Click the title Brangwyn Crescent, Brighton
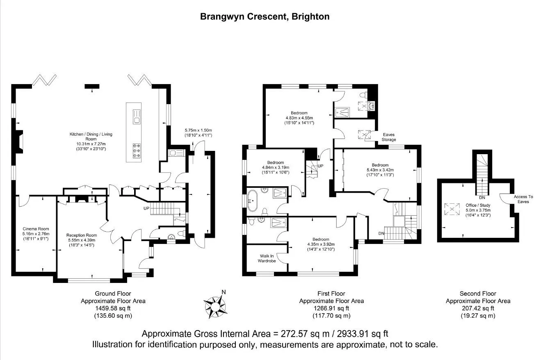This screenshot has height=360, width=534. click(x=265, y=17)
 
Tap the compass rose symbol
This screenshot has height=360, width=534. click(x=215, y=305)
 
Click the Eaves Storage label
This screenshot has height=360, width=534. click(x=389, y=137)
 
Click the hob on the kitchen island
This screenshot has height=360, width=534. click(x=137, y=151)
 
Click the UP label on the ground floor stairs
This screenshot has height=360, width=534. click(x=146, y=208)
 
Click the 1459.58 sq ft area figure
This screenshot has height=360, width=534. click(x=113, y=308)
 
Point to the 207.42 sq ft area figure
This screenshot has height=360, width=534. click(x=478, y=308)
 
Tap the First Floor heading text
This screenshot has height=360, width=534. click(x=331, y=294)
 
